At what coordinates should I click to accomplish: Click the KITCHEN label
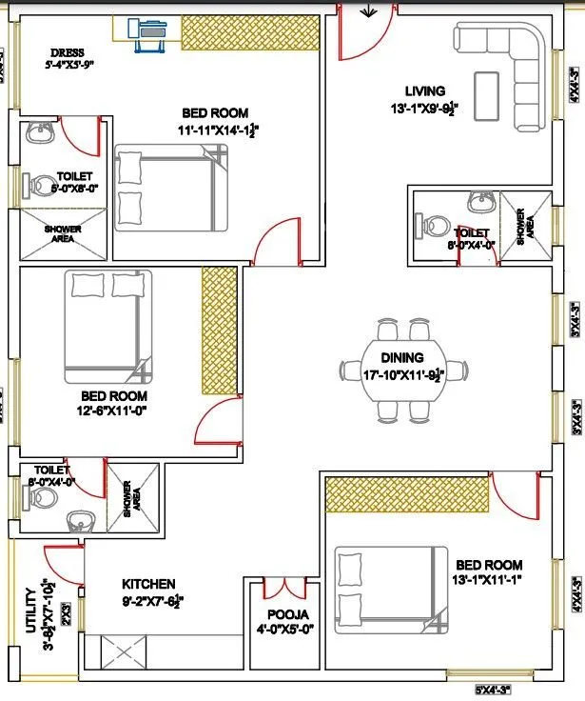click(x=148, y=584)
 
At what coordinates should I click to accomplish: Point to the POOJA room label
click(x=286, y=614)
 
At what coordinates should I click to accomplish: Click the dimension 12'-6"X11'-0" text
click(x=113, y=411)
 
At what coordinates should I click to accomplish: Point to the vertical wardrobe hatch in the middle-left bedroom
click(x=219, y=330)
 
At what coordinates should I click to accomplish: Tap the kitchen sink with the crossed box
click(x=122, y=654)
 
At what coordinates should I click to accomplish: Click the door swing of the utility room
click(x=61, y=561)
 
